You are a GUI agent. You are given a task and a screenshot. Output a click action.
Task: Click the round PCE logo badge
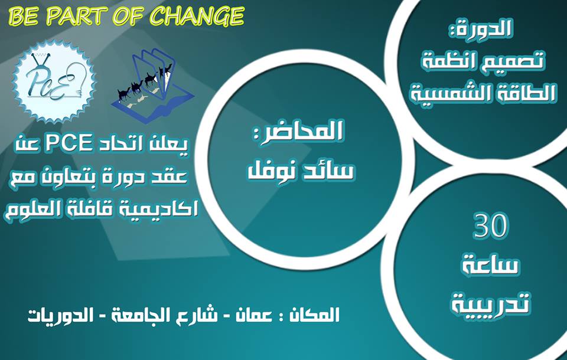[54, 81]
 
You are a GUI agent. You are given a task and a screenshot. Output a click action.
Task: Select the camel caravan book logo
[152, 86]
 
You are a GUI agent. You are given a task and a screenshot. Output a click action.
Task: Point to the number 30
[491, 226]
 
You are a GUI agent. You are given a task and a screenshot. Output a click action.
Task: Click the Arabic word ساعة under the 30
[491, 266]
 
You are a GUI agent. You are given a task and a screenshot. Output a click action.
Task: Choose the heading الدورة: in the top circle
[480, 29]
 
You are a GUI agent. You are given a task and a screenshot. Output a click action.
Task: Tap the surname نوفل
[268, 171]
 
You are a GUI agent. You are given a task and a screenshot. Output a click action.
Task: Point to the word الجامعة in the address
[136, 315]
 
